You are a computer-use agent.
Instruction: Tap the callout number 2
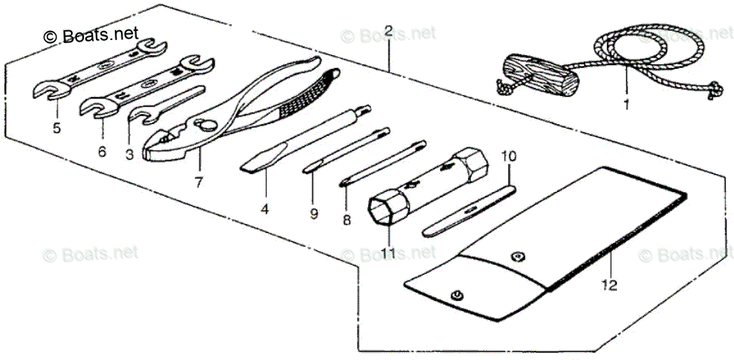click(x=388, y=31)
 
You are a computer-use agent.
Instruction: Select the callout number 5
click(x=56, y=128)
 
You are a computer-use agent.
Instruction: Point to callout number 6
click(x=102, y=151)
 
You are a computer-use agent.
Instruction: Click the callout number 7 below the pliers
click(x=199, y=182)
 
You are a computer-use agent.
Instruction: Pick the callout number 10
click(x=509, y=157)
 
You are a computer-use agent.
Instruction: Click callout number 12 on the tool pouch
click(x=611, y=285)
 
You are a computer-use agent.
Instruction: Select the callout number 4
click(x=265, y=208)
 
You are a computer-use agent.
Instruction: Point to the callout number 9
click(x=314, y=214)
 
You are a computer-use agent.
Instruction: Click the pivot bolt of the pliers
click(x=202, y=124)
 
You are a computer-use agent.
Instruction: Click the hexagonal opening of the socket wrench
click(x=380, y=209)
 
